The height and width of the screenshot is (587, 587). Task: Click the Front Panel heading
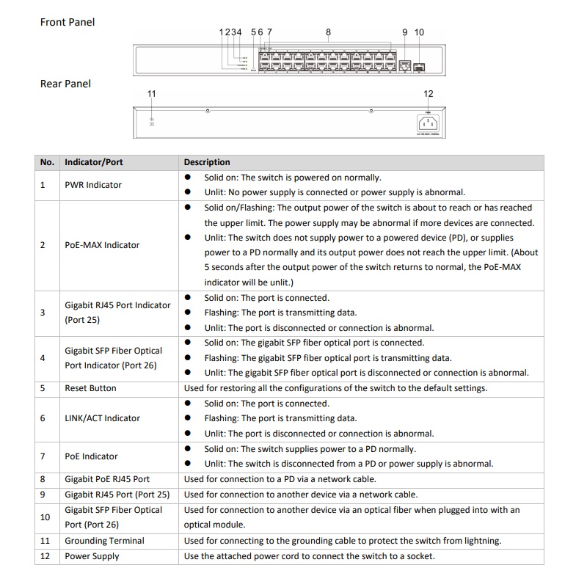(68, 22)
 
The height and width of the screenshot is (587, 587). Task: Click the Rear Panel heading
(65, 84)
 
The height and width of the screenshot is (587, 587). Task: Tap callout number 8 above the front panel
(328, 32)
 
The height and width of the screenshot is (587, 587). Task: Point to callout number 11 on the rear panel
(152, 94)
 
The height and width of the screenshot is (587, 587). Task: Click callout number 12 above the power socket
(429, 94)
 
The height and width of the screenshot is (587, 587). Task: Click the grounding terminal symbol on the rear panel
(152, 122)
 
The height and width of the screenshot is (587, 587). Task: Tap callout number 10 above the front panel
(419, 32)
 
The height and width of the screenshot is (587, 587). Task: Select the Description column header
(207, 162)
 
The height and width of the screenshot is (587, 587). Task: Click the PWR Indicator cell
(93, 185)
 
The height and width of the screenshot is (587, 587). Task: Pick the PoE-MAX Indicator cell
(102, 245)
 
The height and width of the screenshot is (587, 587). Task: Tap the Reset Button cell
(90, 388)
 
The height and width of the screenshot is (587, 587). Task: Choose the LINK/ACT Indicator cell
(102, 418)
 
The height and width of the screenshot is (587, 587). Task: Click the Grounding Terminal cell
(104, 541)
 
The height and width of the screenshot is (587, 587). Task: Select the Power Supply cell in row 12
(92, 556)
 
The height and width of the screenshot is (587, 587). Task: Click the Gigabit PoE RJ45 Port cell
(107, 479)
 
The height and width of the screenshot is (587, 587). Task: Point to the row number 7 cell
(43, 456)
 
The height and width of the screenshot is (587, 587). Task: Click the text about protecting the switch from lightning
(343, 541)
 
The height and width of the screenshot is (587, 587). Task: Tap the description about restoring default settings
(335, 388)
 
